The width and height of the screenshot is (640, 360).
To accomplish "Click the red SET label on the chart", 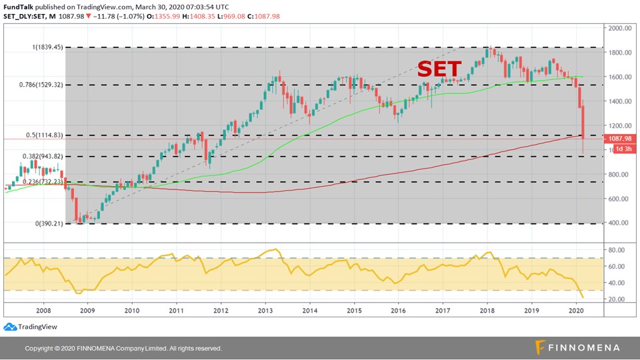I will click(x=439, y=69).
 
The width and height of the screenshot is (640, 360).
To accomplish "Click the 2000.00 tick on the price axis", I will click(x=620, y=28).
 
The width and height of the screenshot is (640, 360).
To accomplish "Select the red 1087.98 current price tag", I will click(x=619, y=139).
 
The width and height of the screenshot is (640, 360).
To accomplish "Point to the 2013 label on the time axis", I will click(x=265, y=310).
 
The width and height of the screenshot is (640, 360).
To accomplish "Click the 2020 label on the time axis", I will click(x=577, y=310).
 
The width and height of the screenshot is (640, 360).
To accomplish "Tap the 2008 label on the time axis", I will click(x=43, y=310).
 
